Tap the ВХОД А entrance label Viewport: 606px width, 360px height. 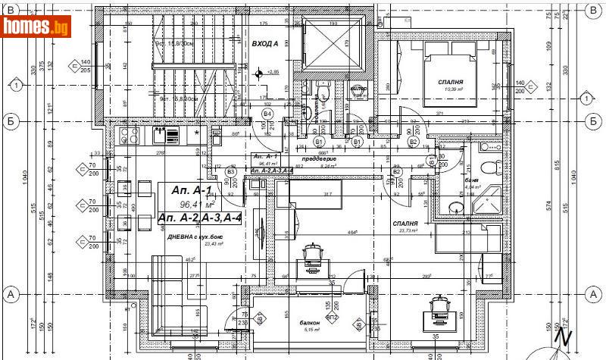tap(265, 44)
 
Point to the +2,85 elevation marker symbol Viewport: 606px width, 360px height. tap(260, 74)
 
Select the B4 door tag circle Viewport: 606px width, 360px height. tap(267, 114)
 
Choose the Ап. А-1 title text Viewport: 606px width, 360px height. tap(190, 190)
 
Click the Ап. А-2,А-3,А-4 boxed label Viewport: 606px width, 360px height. tap(201, 218)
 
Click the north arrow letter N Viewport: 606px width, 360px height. tap(561, 334)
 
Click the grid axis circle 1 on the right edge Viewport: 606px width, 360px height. tap(586, 99)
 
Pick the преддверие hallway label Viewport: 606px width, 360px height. tap(314, 158)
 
